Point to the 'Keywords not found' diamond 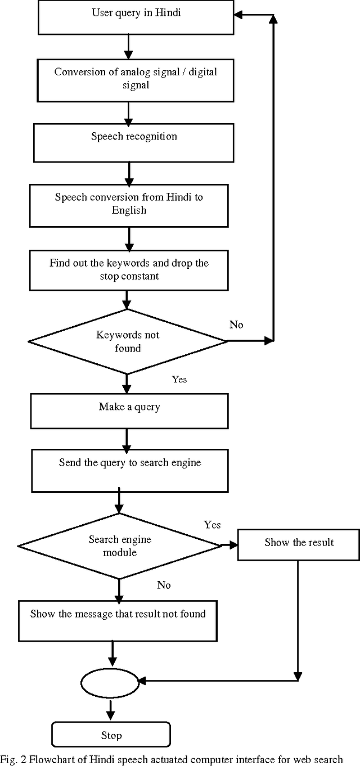click(128, 341)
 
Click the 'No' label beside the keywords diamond click(236, 325)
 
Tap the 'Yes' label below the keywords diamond click(179, 380)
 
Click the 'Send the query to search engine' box click(129, 470)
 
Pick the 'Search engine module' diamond click(120, 546)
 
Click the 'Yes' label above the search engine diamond click(212, 525)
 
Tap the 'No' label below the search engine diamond click(164, 585)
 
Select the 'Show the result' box click(299, 543)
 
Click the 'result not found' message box click(118, 620)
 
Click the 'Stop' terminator click(111, 735)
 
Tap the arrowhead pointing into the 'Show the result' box click(233, 544)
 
